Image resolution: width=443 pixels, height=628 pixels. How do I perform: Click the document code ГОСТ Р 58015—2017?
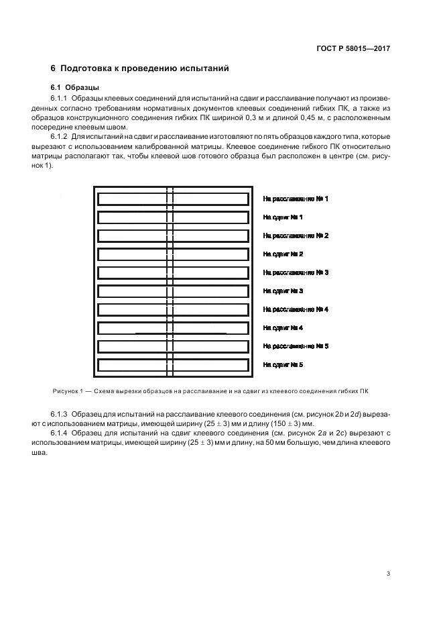(353, 49)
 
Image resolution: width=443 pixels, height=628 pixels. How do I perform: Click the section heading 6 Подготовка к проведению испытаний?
(140, 68)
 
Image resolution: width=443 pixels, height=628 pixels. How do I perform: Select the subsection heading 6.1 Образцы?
(76, 87)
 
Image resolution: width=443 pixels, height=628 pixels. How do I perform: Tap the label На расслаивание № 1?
(295, 199)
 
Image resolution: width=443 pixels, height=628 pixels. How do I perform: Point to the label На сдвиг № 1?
(283, 217)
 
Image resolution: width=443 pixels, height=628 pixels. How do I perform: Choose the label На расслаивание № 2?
(295, 236)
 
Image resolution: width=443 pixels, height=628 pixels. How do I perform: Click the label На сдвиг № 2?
(283, 254)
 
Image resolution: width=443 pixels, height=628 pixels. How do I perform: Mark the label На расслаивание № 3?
(295, 272)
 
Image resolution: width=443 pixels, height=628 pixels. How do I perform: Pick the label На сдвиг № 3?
(283, 291)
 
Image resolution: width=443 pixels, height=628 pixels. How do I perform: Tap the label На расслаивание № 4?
(295, 309)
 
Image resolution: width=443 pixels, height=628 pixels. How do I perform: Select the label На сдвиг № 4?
(283, 328)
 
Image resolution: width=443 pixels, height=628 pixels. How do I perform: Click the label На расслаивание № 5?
(295, 346)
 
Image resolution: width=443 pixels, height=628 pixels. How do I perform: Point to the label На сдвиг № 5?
(283, 365)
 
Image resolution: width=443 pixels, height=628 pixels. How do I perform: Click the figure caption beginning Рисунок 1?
(210, 391)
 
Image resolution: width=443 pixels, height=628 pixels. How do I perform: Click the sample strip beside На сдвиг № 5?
(173, 365)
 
